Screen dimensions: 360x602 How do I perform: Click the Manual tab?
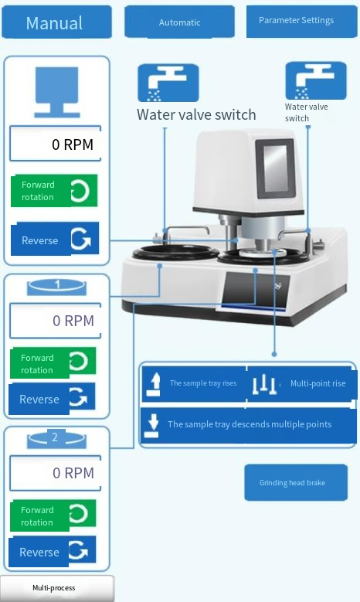57,22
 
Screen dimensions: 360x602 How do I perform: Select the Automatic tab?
180,22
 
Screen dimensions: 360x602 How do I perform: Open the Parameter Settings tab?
301,21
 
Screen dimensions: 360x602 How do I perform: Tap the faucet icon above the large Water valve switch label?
168,83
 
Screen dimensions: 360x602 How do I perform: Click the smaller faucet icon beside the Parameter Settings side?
316,81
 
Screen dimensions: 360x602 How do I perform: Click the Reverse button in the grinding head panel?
55,239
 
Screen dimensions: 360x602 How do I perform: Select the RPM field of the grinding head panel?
56,144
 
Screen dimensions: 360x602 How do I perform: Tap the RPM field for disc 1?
56,321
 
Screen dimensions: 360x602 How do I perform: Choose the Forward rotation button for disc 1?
53,362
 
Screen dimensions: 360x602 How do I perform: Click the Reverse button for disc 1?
52,399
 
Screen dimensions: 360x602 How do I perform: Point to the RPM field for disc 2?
56,473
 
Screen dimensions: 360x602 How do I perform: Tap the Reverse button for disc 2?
53,551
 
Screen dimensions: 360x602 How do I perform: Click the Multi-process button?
57,588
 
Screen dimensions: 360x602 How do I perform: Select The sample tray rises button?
194,383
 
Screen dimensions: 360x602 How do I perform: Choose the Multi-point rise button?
301,383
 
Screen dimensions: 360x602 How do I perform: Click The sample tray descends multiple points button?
249,425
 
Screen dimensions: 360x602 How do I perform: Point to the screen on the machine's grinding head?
275,168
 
